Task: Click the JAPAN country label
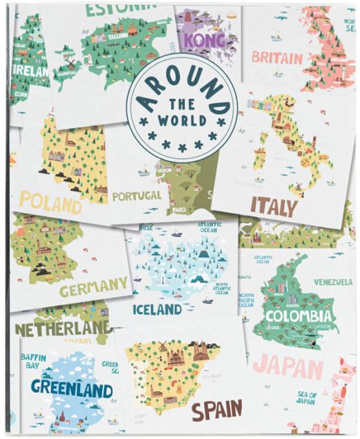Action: pos(283,367)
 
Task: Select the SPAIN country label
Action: pos(216,410)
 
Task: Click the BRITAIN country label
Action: pos(277,56)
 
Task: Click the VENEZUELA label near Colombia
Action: pos(333,282)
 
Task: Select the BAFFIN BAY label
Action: pos(33,361)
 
